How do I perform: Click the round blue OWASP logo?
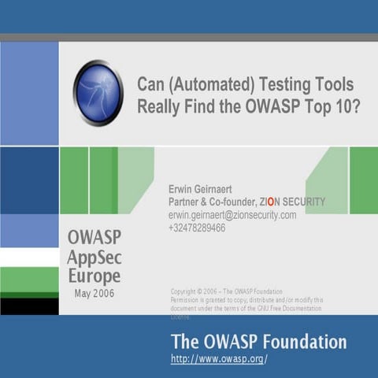coord(98,93)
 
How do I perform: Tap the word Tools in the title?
coord(332,85)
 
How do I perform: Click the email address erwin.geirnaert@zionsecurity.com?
coord(232,215)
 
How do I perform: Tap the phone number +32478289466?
coord(197,228)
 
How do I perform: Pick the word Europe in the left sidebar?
coord(93,276)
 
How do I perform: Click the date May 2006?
coord(94,293)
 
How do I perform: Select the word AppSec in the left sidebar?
coord(94,257)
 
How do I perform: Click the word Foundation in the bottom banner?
coord(305,342)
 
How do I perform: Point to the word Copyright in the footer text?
coord(185,291)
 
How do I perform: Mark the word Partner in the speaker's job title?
coord(187,202)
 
